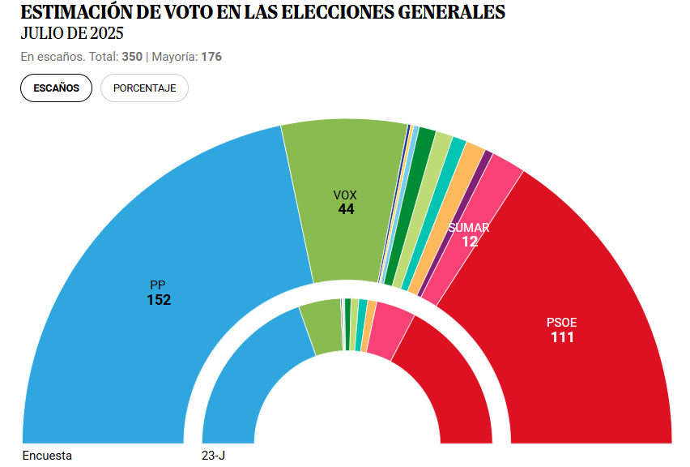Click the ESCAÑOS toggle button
[57, 88]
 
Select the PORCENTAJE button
[144, 88]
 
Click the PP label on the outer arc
[158, 285]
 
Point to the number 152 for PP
[159, 300]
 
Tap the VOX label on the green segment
[345, 195]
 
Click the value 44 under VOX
[346, 209]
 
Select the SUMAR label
[469, 228]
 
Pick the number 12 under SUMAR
[470, 242]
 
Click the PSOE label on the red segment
[562, 322]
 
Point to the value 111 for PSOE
[562, 337]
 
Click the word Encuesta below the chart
[47, 456]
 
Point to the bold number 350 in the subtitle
[132, 57]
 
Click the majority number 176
[211, 57]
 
